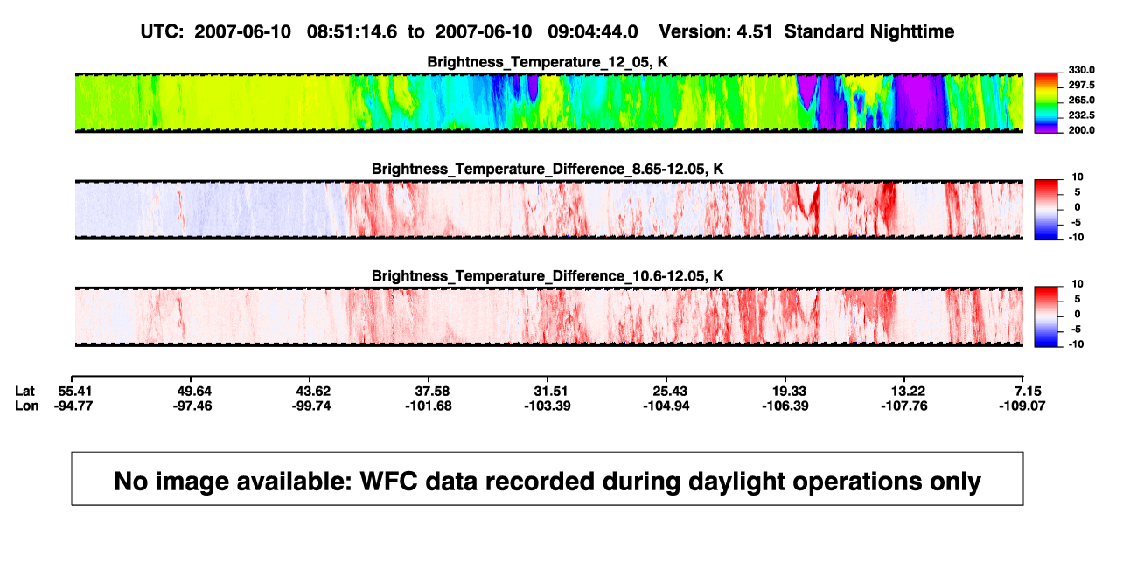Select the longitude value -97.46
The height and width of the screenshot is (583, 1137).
pyautogui.click(x=192, y=406)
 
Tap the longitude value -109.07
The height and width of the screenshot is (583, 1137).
pyautogui.click(x=1022, y=406)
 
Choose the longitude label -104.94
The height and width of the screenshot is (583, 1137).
pyautogui.click(x=666, y=406)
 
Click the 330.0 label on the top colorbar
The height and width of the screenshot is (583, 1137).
pyautogui.click(x=1081, y=70)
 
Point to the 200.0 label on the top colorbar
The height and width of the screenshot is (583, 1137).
pyautogui.click(x=1081, y=130)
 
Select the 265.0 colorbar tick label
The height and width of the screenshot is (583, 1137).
pyautogui.click(x=1081, y=100)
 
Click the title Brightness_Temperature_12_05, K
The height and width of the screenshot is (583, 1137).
pyautogui.click(x=548, y=62)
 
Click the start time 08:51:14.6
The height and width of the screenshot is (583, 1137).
pyautogui.click(x=352, y=32)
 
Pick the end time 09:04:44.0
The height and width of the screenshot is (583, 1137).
pyautogui.click(x=592, y=32)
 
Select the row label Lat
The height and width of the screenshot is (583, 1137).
pyautogui.click(x=24, y=392)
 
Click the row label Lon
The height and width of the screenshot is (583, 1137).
pyautogui.click(x=26, y=406)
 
